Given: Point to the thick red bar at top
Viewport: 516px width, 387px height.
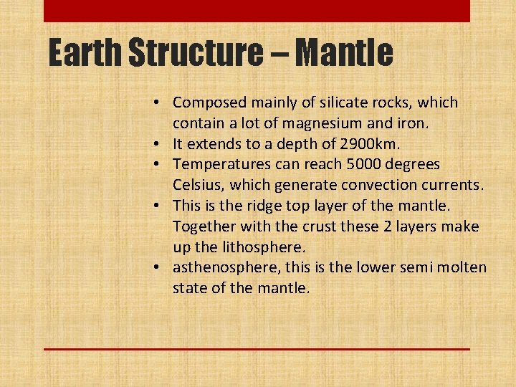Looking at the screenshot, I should [257, 11].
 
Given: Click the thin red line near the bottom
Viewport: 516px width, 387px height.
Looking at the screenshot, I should [257, 349].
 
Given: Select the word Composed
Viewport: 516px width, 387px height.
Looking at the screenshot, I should [209, 103].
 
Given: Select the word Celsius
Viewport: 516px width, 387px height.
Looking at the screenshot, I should [198, 186].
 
